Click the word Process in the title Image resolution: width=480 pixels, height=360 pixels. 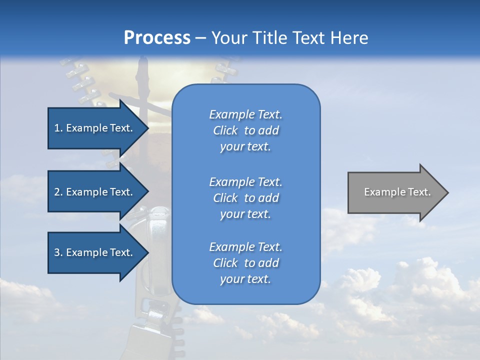157,38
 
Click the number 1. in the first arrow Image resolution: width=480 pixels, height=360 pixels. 58,128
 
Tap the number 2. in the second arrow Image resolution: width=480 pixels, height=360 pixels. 58,192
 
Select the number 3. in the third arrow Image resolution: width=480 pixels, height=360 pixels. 58,252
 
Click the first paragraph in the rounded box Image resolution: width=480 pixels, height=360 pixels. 245,130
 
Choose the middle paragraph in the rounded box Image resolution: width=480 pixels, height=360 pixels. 245,198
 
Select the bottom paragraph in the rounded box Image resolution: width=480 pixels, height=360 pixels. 245,263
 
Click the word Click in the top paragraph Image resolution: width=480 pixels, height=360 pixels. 225,130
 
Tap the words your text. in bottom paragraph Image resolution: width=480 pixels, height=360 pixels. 245,279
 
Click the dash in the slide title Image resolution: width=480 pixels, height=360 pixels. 200,38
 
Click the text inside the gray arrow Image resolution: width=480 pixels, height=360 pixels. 397,192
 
